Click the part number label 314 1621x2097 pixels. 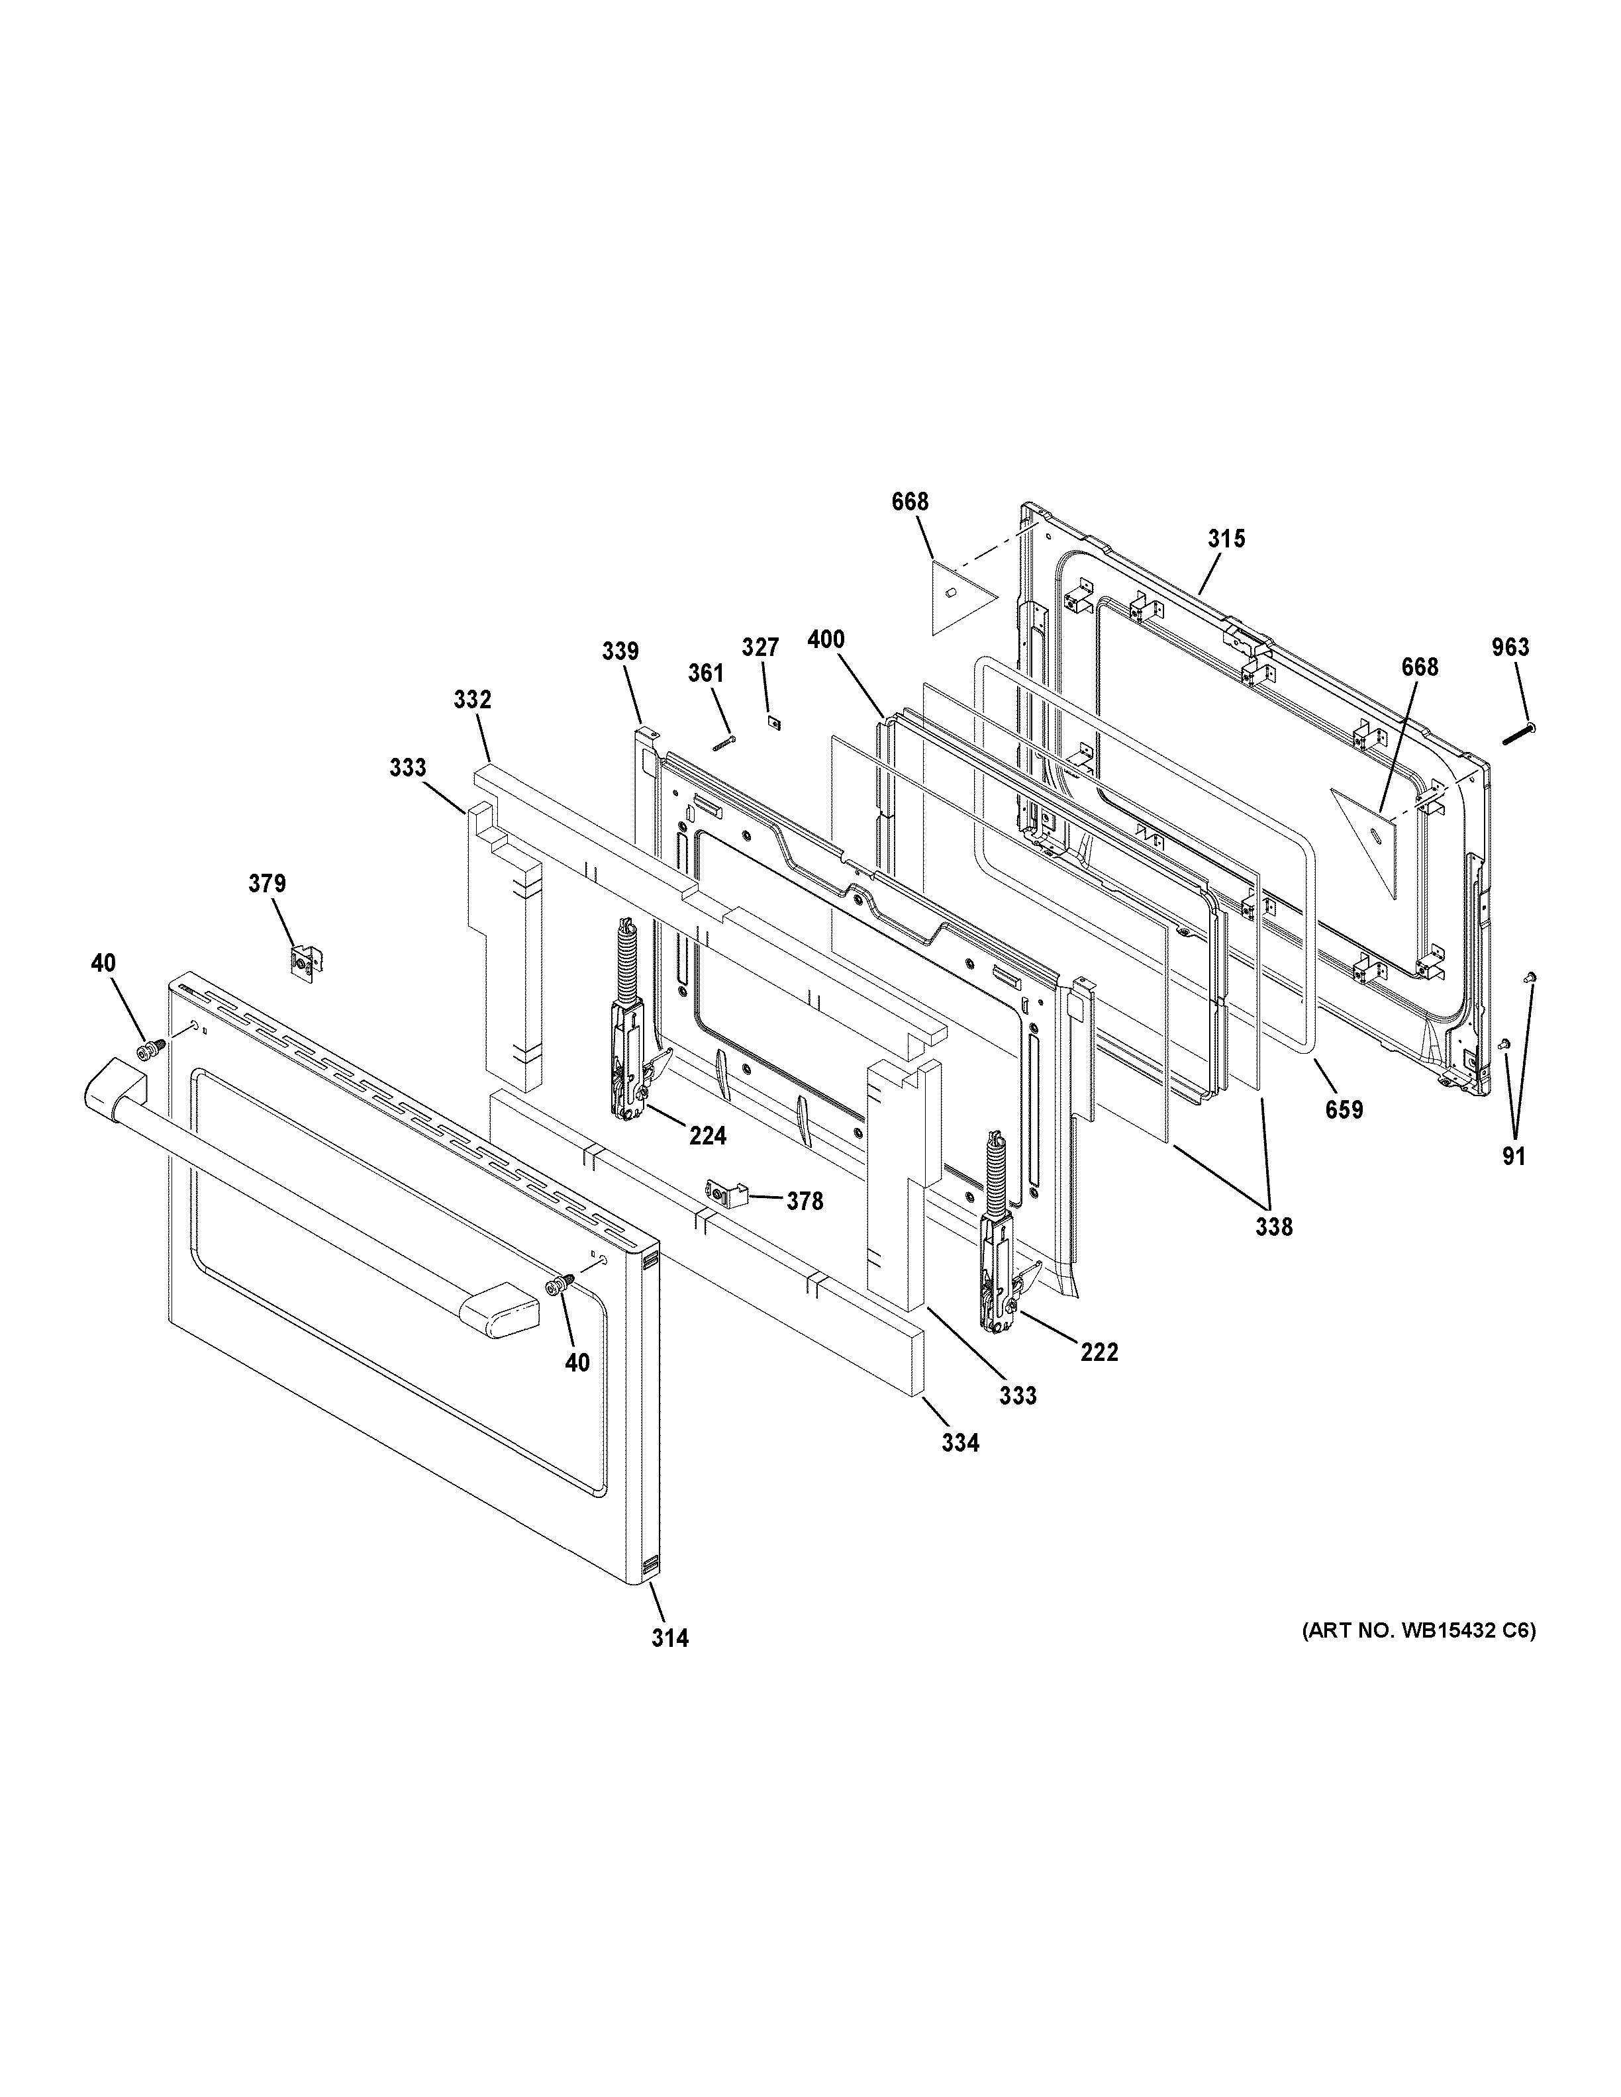click(x=669, y=1638)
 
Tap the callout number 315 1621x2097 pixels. click(x=1226, y=539)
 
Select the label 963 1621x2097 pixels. click(x=1510, y=647)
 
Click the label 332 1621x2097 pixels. click(x=473, y=700)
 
